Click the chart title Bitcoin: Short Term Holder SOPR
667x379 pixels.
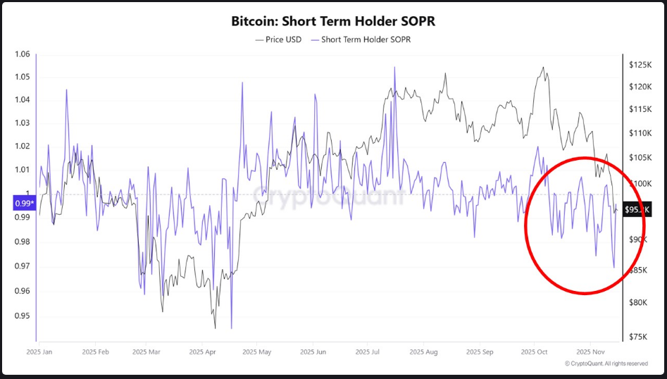(x=333, y=21)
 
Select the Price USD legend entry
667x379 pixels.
(x=278, y=39)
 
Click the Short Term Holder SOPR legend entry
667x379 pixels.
(x=361, y=39)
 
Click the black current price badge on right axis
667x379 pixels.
(x=637, y=209)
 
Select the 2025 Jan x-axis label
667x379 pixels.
(x=41, y=351)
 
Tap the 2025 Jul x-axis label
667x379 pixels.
(x=368, y=351)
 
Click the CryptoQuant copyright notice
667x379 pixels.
(x=606, y=364)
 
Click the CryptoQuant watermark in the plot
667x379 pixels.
(x=328, y=197)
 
